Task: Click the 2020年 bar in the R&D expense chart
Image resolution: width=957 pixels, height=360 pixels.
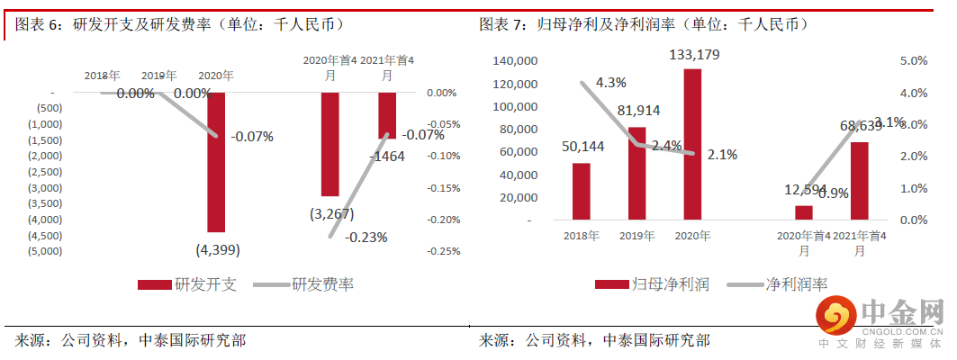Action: pyautogui.click(x=216, y=162)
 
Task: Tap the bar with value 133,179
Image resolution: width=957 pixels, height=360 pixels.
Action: pyautogui.click(x=691, y=144)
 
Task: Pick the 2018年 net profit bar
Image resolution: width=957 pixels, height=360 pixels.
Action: pyautogui.click(x=581, y=191)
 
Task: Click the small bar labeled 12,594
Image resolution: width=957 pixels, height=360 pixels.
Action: pyautogui.click(x=803, y=212)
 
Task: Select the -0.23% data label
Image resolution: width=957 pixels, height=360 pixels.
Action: pyautogui.click(x=365, y=238)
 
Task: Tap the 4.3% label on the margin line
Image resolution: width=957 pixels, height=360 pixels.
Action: pyautogui.click(x=609, y=83)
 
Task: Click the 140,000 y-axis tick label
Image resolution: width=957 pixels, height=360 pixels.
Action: pyautogui.click(x=516, y=61)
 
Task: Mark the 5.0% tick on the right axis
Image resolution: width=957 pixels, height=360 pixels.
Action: pyautogui.click(x=913, y=61)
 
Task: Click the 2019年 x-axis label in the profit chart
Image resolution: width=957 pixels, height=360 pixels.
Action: pyautogui.click(x=636, y=236)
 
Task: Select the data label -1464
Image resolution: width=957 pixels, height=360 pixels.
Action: pyautogui.click(x=388, y=156)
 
